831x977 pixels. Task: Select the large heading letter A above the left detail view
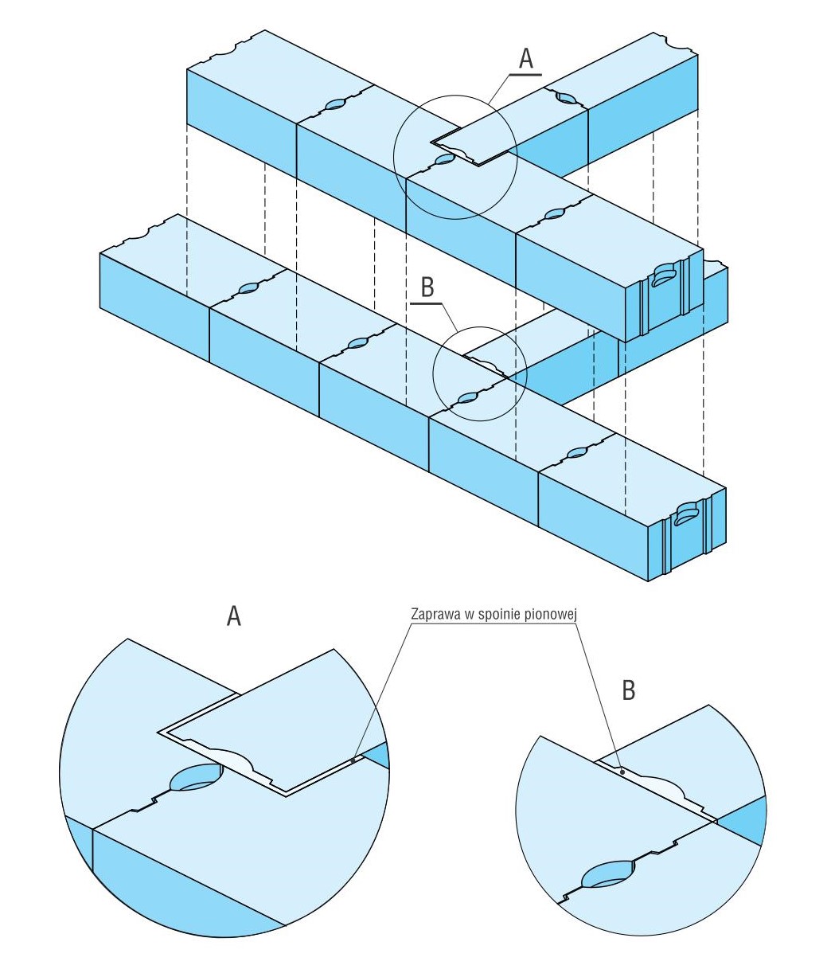pos(233,615)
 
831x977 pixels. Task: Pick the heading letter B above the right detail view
pos(628,690)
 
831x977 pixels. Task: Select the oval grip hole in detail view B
pos(608,876)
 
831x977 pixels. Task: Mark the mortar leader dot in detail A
pos(353,760)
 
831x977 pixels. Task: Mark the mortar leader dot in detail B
pos(622,772)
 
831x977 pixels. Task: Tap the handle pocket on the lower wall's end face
pos(685,514)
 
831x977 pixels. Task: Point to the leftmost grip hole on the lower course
pos(248,288)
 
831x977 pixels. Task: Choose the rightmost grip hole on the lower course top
pos(576,454)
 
